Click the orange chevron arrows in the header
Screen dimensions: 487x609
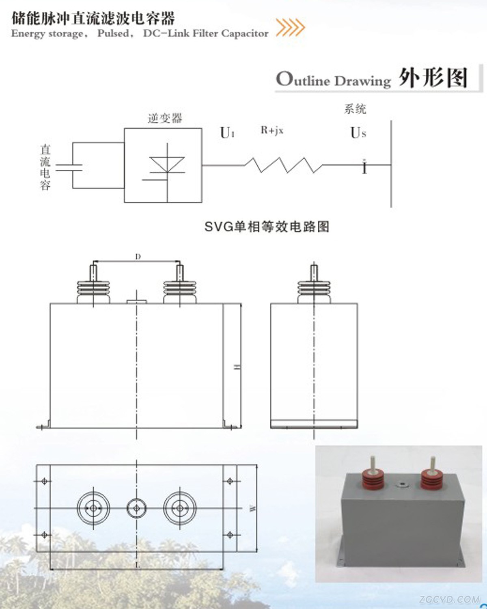(x=290, y=27)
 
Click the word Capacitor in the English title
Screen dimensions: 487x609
(x=245, y=33)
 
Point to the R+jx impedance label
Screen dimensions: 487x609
(x=272, y=130)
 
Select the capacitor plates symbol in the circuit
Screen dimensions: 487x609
(x=69, y=168)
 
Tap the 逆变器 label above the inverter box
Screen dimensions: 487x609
(x=165, y=118)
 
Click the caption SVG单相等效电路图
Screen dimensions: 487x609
(x=267, y=227)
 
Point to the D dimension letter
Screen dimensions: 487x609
(x=138, y=257)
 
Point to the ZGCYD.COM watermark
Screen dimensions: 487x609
(x=450, y=599)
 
